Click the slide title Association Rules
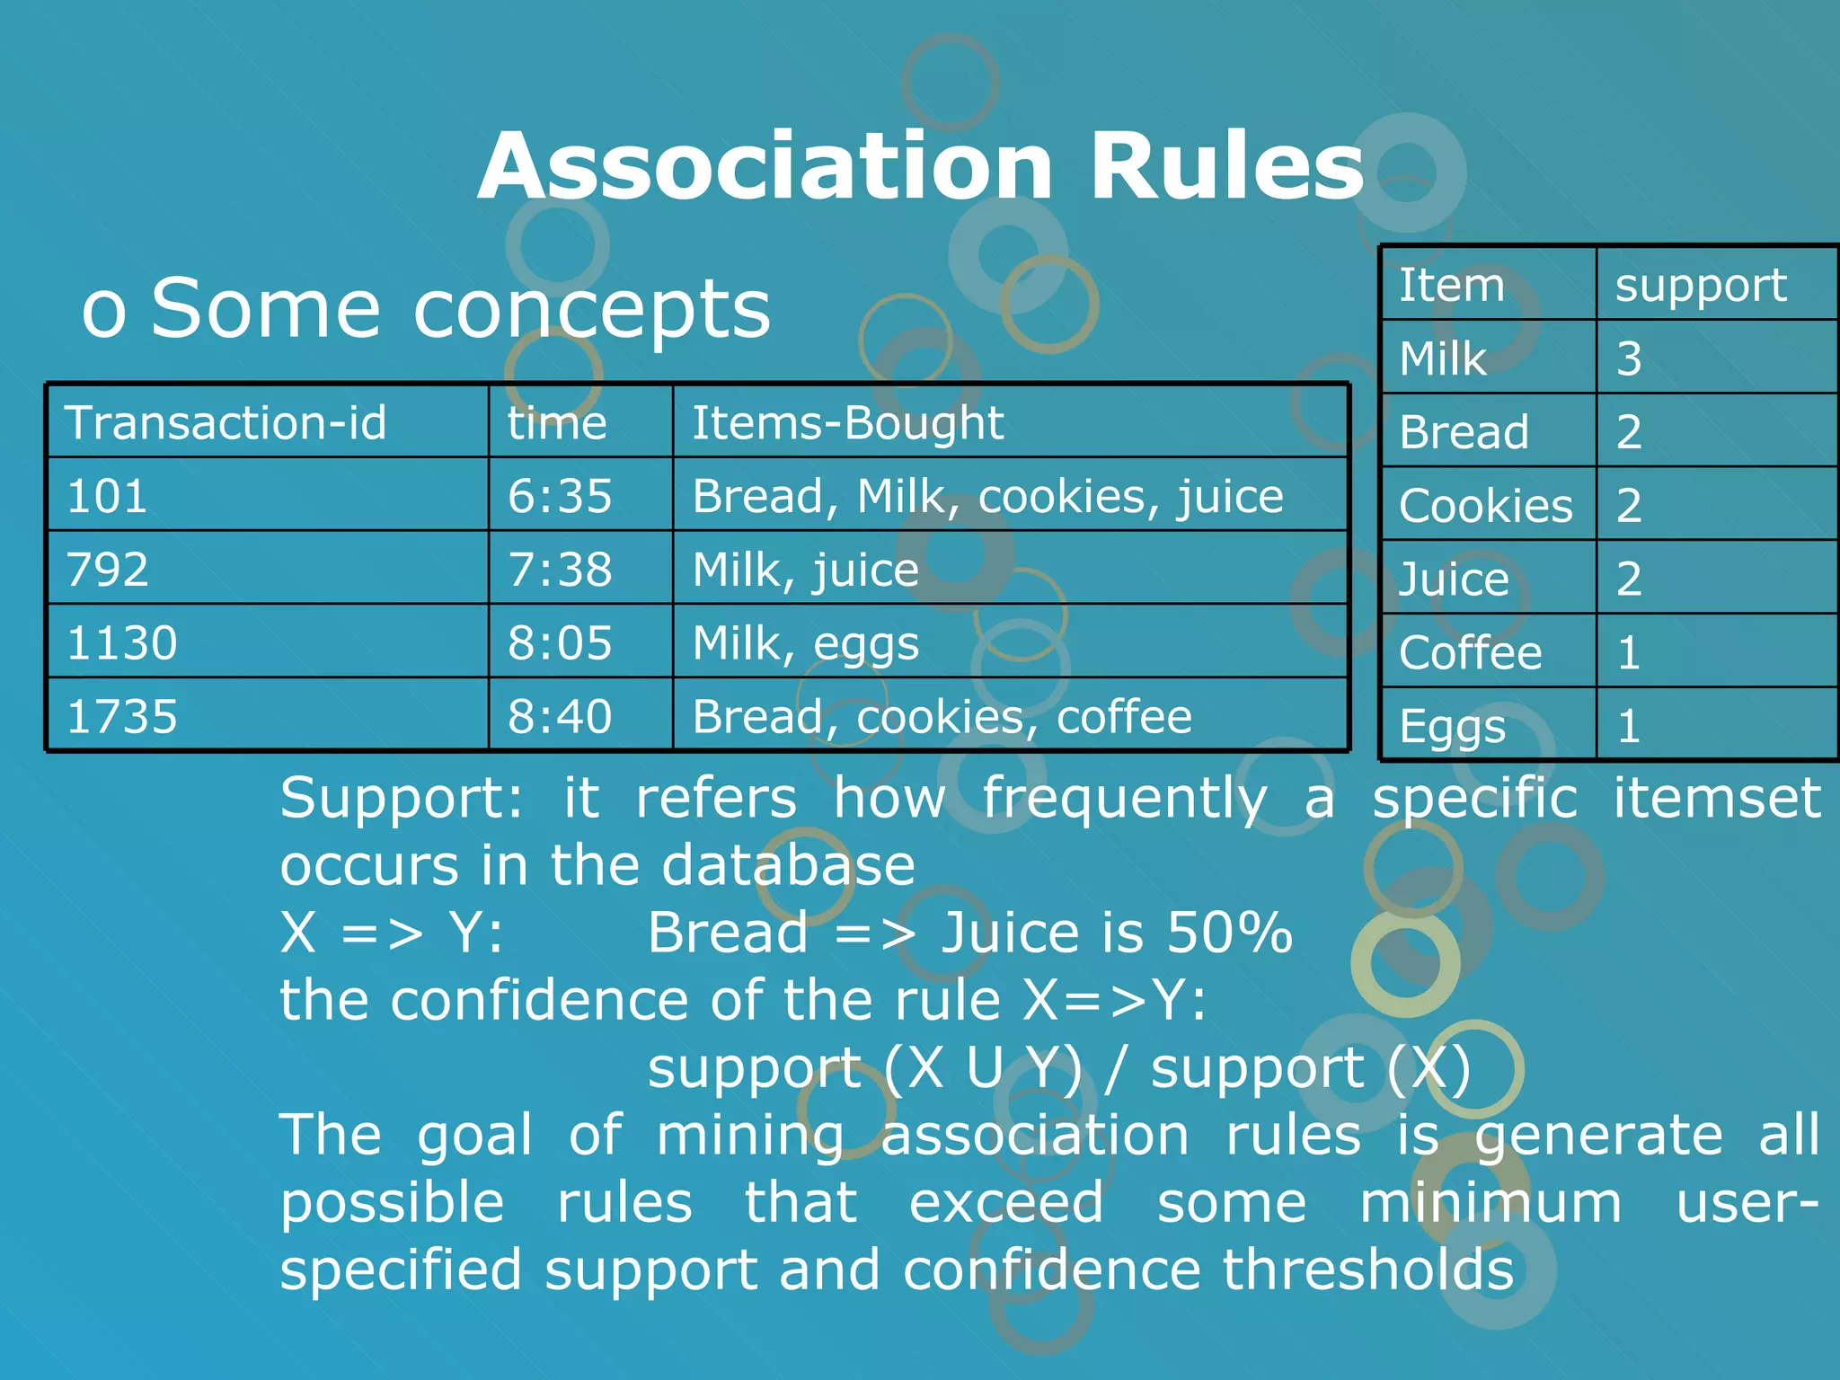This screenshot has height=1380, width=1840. (920, 167)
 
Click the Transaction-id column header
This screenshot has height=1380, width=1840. (226, 422)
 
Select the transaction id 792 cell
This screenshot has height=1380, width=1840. (108, 570)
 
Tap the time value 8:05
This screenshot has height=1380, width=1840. (560, 643)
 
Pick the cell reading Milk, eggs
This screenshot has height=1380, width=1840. (806, 643)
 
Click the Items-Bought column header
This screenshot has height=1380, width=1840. (847, 422)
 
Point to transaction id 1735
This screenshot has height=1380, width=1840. (122, 717)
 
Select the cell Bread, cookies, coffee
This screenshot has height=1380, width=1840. (942, 717)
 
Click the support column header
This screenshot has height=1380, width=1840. (1701, 286)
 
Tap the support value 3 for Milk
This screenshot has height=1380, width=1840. (1629, 358)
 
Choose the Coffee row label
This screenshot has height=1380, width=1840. (1470, 652)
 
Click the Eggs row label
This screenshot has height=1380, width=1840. (1452, 726)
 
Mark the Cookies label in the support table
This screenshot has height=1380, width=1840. (1485, 506)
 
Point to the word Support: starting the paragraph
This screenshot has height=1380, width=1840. (401, 798)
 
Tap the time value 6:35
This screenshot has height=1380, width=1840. (560, 496)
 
